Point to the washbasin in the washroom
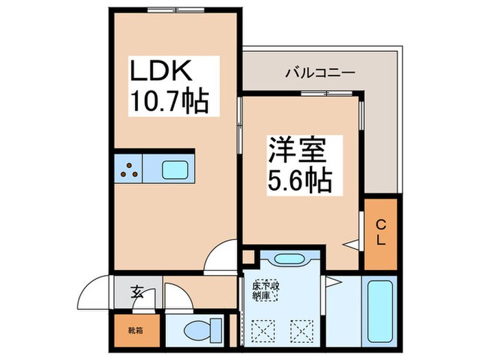point(283,260)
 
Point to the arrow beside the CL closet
point(350,243)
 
